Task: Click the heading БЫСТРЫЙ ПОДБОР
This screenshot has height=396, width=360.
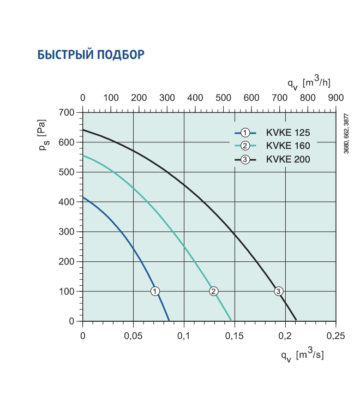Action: (91, 55)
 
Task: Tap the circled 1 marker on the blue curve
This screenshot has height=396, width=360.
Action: (155, 291)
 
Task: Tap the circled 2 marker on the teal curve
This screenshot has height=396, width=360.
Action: (214, 291)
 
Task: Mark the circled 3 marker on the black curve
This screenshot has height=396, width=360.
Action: (279, 291)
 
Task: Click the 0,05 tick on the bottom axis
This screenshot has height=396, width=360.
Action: (133, 334)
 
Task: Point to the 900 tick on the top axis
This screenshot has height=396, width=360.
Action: (335, 98)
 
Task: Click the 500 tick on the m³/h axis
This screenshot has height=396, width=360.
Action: (223, 98)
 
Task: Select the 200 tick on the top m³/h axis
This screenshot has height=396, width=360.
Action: (139, 98)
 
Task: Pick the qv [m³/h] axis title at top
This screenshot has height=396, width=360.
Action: (309, 83)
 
